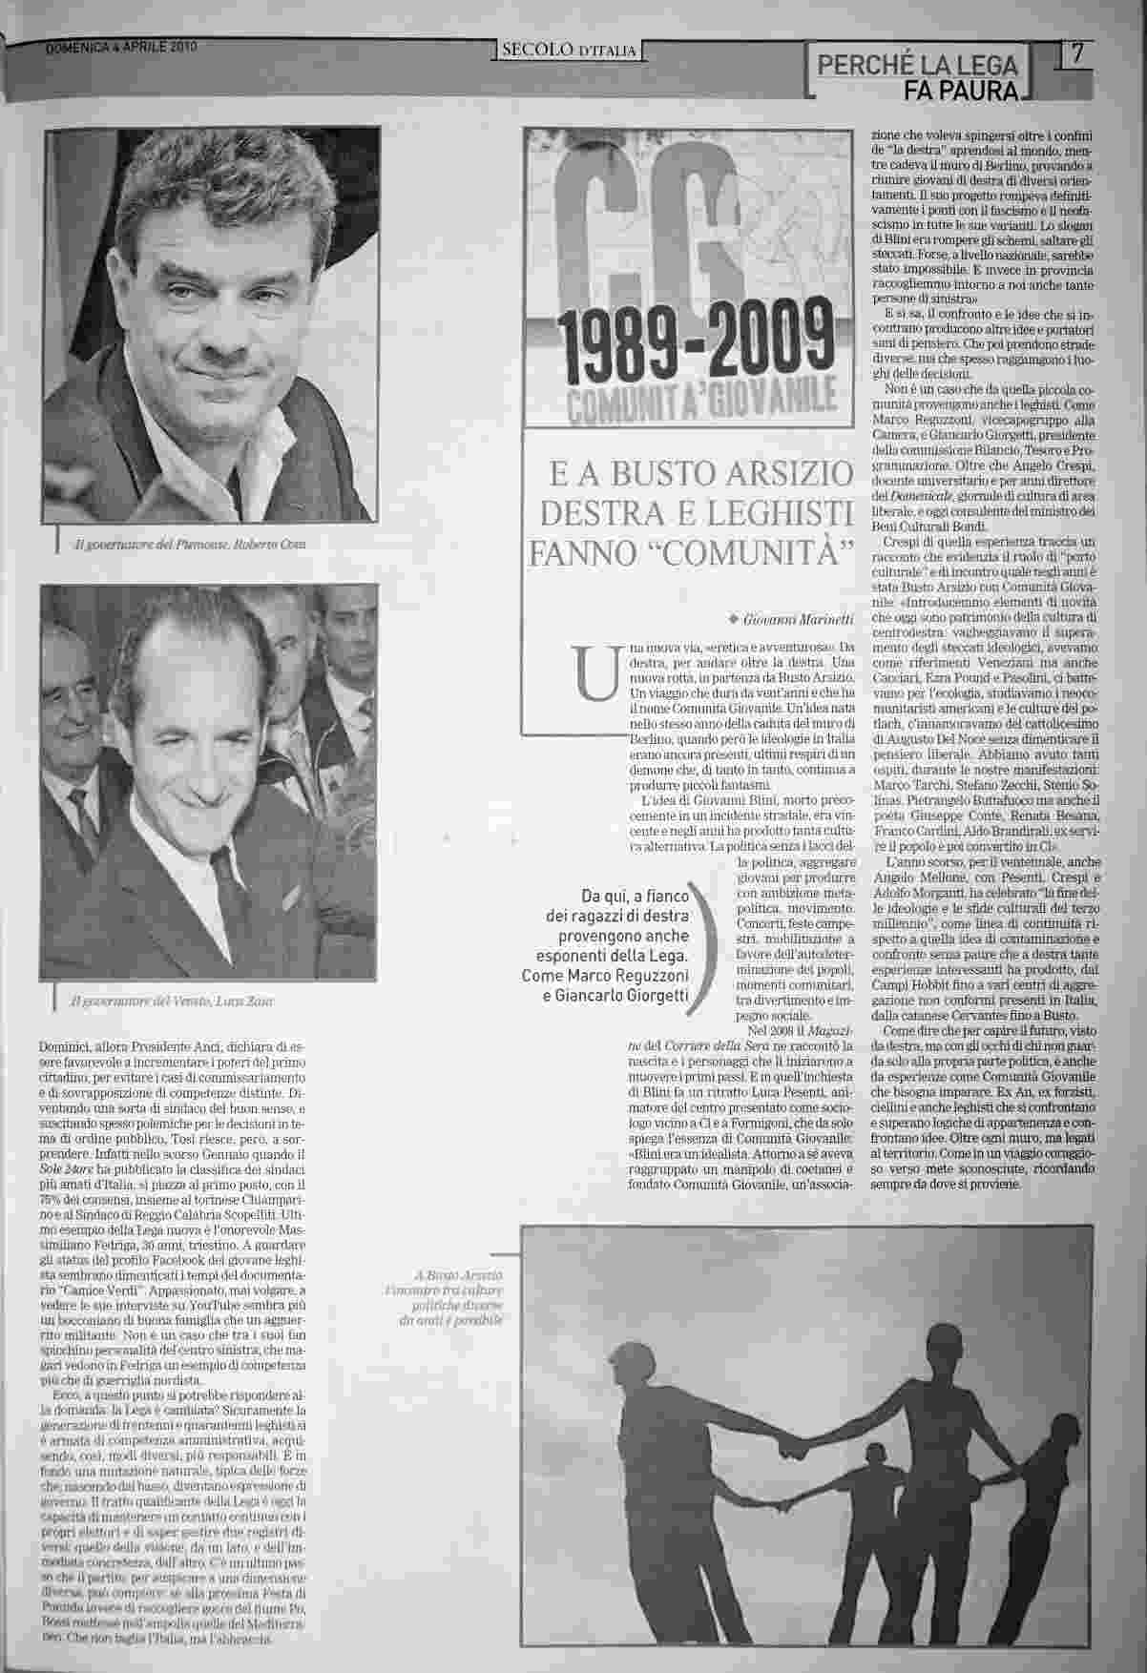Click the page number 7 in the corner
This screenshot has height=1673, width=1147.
click(1079, 54)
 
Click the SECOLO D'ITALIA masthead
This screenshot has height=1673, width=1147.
click(570, 51)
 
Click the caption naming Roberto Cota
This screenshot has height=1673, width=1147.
click(191, 544)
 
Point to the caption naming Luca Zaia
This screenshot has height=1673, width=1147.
click(177, 1002)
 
